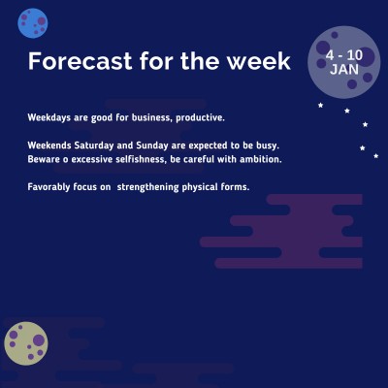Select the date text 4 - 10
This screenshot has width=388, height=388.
(x=343, y=55)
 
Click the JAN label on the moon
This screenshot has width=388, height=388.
(x=343, y=70)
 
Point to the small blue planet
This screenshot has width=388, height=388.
(x=33, y=21)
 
